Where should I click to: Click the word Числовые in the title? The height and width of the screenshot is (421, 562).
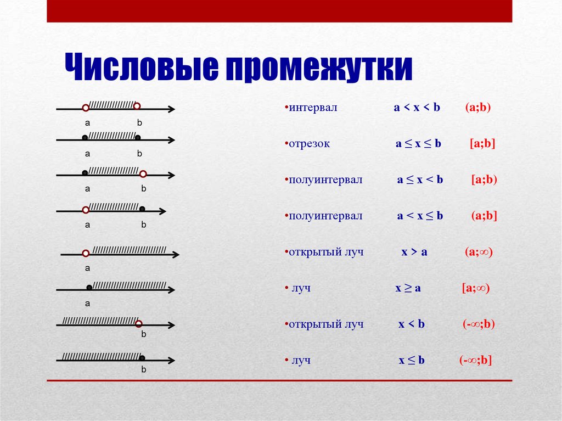pos(142,67)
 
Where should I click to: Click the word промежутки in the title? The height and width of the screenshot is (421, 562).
pos(319,68)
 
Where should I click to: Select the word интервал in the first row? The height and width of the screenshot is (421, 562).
pos(313,108)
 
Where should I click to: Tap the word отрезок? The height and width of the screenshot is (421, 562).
pos(310,144)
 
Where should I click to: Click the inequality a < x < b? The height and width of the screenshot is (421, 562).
pos(417,107)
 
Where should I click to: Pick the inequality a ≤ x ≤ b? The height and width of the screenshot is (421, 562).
pos(418,143)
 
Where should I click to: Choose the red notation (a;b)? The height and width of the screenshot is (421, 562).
pos(478,107)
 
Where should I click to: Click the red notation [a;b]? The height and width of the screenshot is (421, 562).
pos(482,143)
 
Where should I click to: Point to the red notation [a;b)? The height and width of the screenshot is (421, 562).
pos(484,179)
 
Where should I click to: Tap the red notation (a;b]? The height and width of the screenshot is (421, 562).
pos(484,216)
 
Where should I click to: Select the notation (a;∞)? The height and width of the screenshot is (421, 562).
pos(479,252)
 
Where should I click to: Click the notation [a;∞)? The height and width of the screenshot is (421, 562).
pos(476,288)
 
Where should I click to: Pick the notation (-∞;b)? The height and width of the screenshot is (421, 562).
pos(479,324)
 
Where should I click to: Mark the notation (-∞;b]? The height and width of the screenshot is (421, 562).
pos(476,360)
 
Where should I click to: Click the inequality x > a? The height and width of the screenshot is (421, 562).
pos(414,252)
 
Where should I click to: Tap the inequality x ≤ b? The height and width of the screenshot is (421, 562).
pos(412,360)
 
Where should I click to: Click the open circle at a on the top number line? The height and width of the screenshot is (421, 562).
pos(85,108)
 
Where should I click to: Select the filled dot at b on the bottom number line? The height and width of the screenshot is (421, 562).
pos(142,358)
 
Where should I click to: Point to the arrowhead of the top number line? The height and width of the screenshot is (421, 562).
pos(171,109)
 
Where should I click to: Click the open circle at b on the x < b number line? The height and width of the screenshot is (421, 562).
pos(139,324)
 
